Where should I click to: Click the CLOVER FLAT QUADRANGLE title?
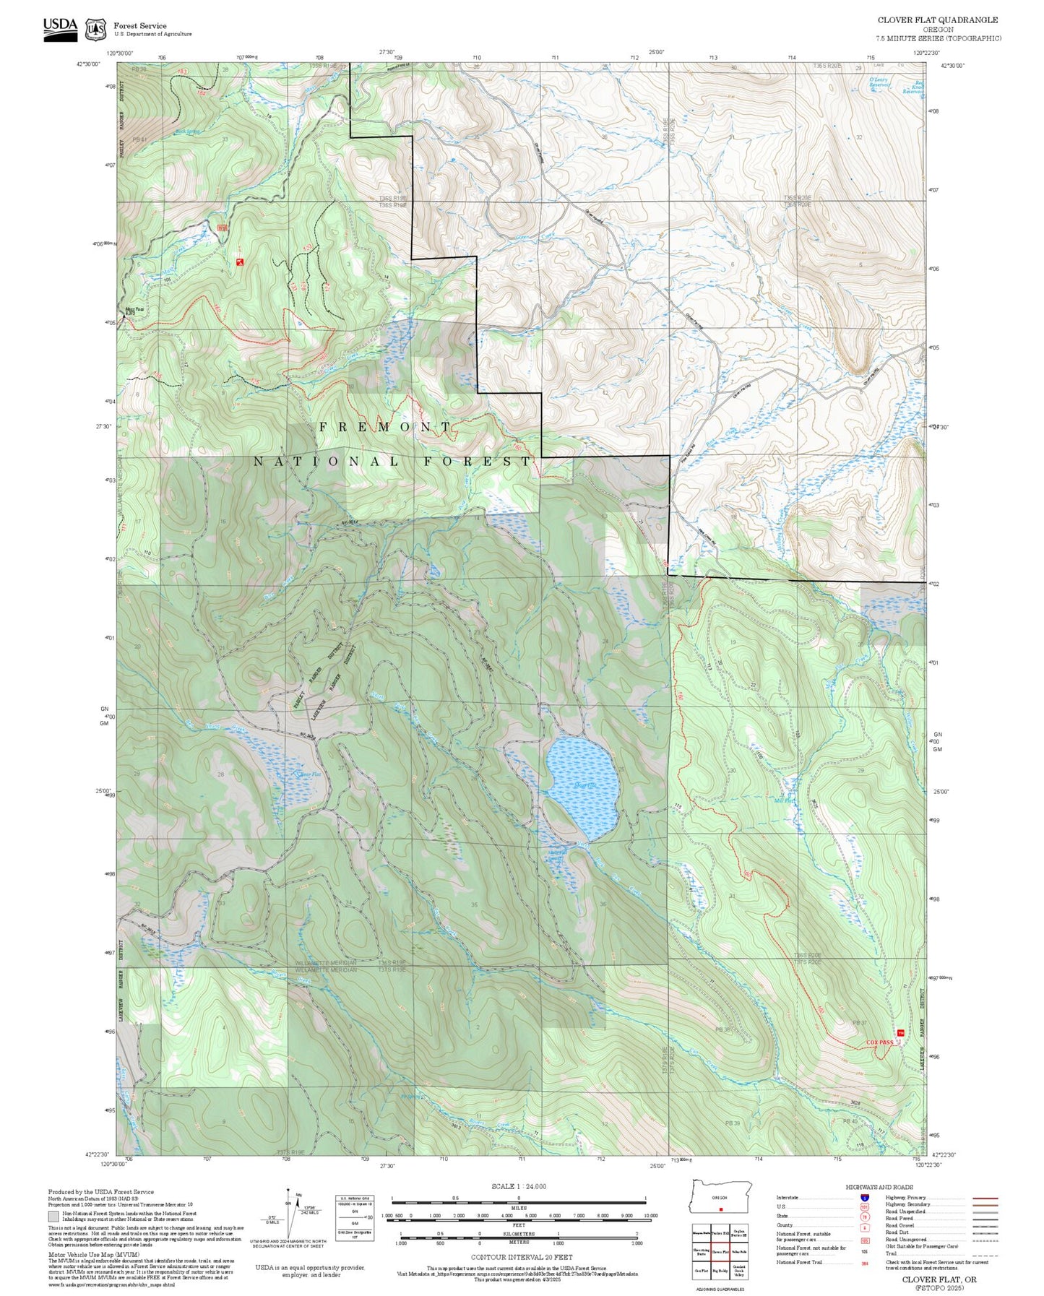coord(938,20)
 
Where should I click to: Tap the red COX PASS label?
coord(879,1042)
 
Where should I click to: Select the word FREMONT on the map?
coord(385,427)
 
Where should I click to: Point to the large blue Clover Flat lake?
coord(582,787)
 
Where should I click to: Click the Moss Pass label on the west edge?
coord(135,310)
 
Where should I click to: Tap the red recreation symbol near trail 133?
coord(240,262)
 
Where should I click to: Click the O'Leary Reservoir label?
coord(879,82)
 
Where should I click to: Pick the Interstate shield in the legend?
coord(864,1197)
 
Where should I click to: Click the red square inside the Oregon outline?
coord(721,1209)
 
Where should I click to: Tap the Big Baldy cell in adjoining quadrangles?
coord(720,1270)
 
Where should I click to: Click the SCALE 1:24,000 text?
coord(518,1186)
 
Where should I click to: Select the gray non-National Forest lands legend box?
coord(53,1217)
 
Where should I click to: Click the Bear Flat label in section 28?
coord(309,774)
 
